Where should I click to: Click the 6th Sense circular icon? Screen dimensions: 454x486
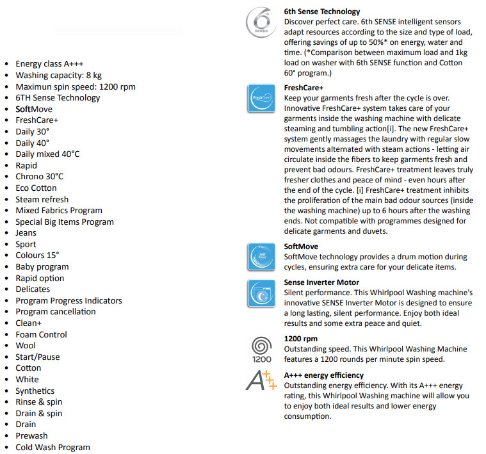(261, 22)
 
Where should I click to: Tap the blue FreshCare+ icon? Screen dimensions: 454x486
(261, 99)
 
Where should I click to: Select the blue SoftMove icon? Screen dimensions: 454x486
(261, 256)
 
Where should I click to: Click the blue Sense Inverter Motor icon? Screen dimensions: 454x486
(261, 293)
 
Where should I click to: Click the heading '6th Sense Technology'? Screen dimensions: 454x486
(322, 12)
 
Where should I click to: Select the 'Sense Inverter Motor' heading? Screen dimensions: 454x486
(321, 282)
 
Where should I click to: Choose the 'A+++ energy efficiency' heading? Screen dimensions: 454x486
(324, 375)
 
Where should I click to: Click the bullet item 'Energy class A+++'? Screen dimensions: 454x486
(48, 64)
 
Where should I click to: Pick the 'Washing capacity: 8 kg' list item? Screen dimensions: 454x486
(58, 76)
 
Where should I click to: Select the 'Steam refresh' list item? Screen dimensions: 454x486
(42, 199)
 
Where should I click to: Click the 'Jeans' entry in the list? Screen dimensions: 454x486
(26, 233)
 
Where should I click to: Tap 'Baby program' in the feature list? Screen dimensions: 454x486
(42, 267)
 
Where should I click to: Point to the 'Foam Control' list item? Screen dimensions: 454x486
(41, 334)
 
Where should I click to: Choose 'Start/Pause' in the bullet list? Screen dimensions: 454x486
(38, 357)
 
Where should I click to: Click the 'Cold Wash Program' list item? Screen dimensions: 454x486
(53, 447)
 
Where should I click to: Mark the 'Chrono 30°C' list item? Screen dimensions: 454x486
(40, 177)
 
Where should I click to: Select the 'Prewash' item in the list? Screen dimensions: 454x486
(31, 436)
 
